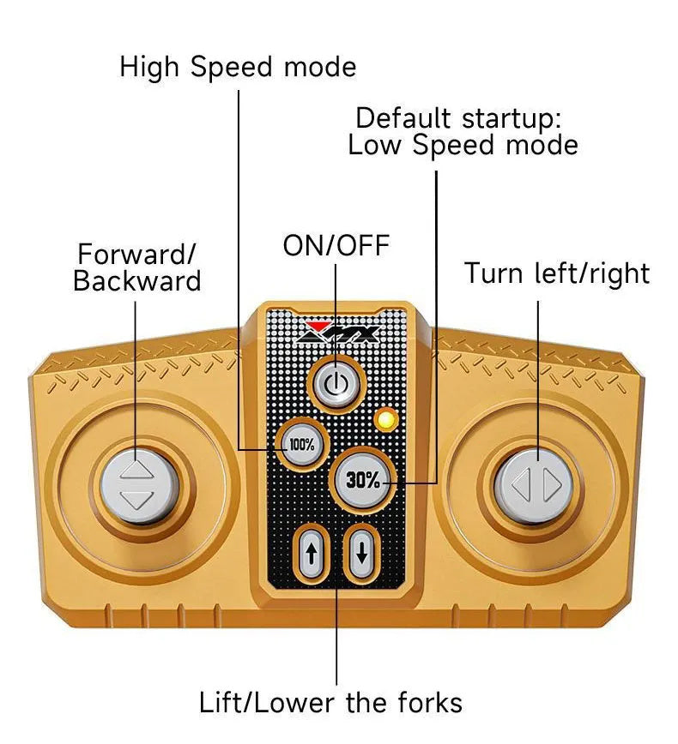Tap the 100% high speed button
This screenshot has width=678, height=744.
(301, 445)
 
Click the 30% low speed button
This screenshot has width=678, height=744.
(363, 479)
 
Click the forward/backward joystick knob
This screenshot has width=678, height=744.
(136, 484)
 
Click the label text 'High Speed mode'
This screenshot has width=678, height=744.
(238, 66)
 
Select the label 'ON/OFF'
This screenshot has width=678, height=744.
(336, 246)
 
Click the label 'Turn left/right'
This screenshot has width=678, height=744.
(557, 273)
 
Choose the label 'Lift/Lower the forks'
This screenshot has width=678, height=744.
(330, 703)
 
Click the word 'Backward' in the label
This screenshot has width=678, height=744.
(136, 281)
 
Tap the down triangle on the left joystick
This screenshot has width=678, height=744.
(136, 500)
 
